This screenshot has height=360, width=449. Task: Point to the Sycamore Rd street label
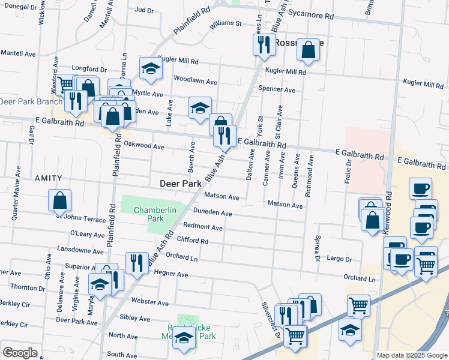[x=310, y=16]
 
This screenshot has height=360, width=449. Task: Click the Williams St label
[x=225, y=24]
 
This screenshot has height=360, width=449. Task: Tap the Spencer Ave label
[x=277, y=90]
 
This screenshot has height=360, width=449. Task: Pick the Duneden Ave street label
[x=212, y=213]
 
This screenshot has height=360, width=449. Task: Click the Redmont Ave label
[x=202, y=227]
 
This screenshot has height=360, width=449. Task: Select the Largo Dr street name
[x=339, y=259]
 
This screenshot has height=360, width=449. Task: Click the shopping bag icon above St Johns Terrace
[x=60, y=201]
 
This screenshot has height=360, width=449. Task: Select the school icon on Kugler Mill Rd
[x=150, y=70]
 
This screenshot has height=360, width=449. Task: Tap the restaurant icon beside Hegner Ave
[x=137, y=263]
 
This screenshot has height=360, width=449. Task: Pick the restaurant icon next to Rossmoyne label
[x=263, y=44]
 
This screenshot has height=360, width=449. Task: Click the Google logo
[x=20, y=353]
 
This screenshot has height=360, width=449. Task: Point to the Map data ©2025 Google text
[x=411, y=355]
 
